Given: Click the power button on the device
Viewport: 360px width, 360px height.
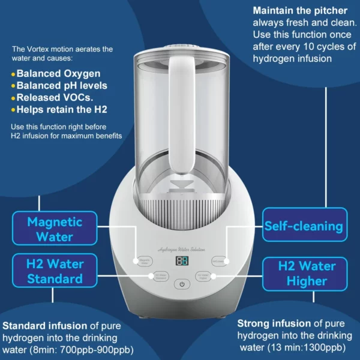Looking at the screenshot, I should [181, 284].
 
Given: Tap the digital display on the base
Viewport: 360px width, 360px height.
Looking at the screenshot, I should [181, 262].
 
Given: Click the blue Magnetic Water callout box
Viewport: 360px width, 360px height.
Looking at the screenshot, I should [54, 229].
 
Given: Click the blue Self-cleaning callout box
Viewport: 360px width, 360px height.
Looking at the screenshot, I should [304, 226].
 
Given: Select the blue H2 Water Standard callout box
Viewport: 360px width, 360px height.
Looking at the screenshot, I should [54, 271].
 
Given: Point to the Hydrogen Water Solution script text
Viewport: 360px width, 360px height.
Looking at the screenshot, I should [181, 248].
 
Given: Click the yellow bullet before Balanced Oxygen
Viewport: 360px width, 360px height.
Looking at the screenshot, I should [13, 74].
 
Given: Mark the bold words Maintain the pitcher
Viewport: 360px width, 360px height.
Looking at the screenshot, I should [300, 11].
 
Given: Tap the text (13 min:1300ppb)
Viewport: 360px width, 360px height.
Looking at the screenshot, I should [307, 347].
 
